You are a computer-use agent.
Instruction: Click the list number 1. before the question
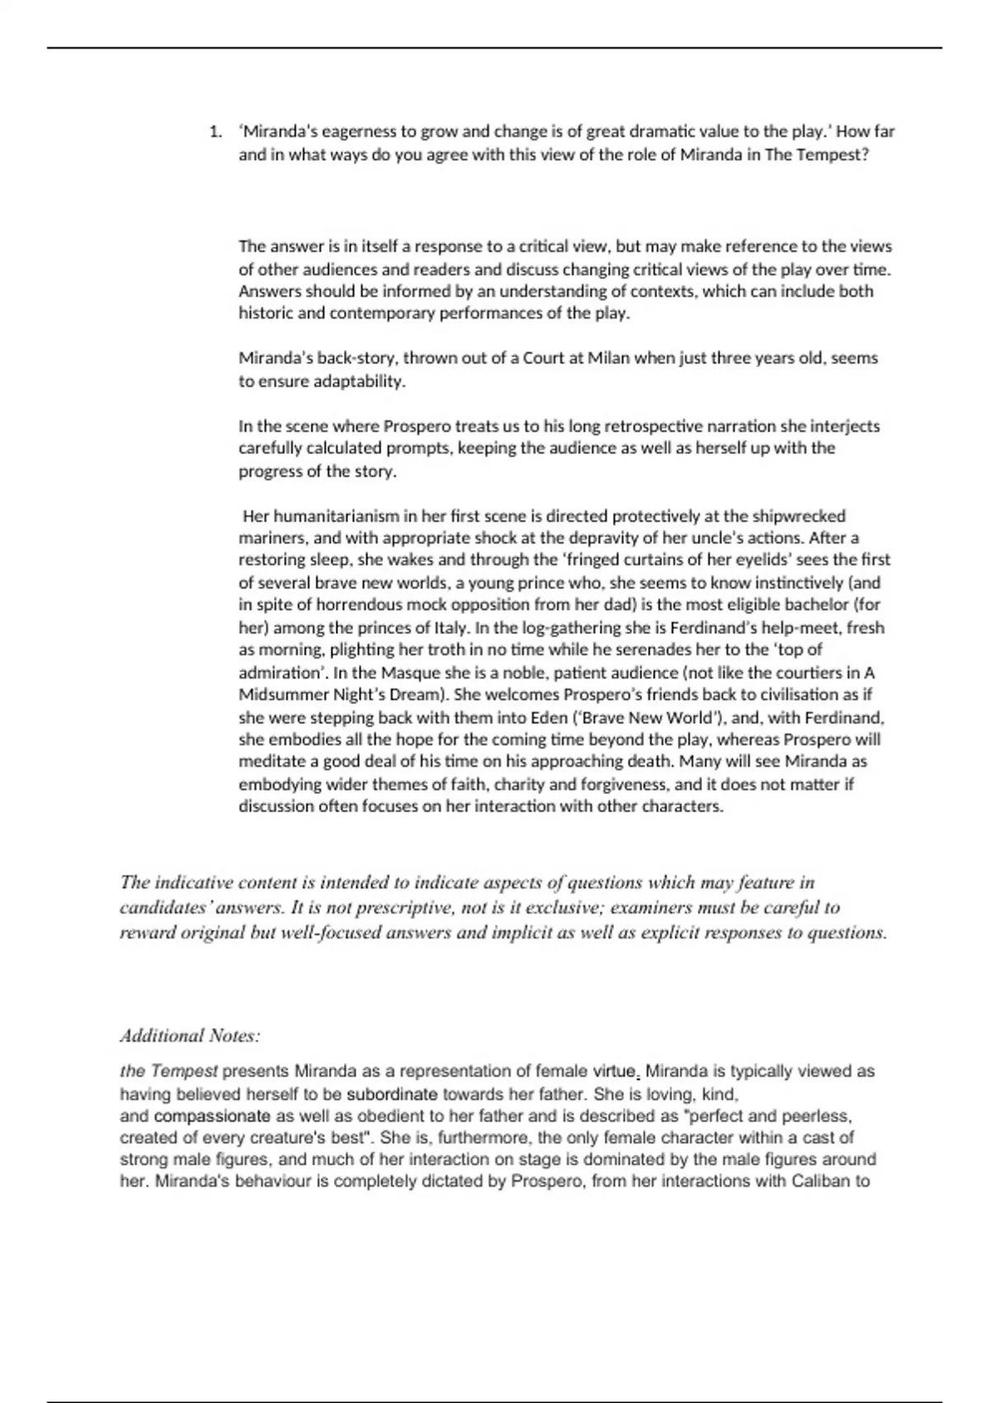[215, 132]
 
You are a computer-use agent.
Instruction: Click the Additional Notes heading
[190, 1036]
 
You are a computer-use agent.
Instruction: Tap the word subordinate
[391, 1094]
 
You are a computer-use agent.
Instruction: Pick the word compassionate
[212, 1117]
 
